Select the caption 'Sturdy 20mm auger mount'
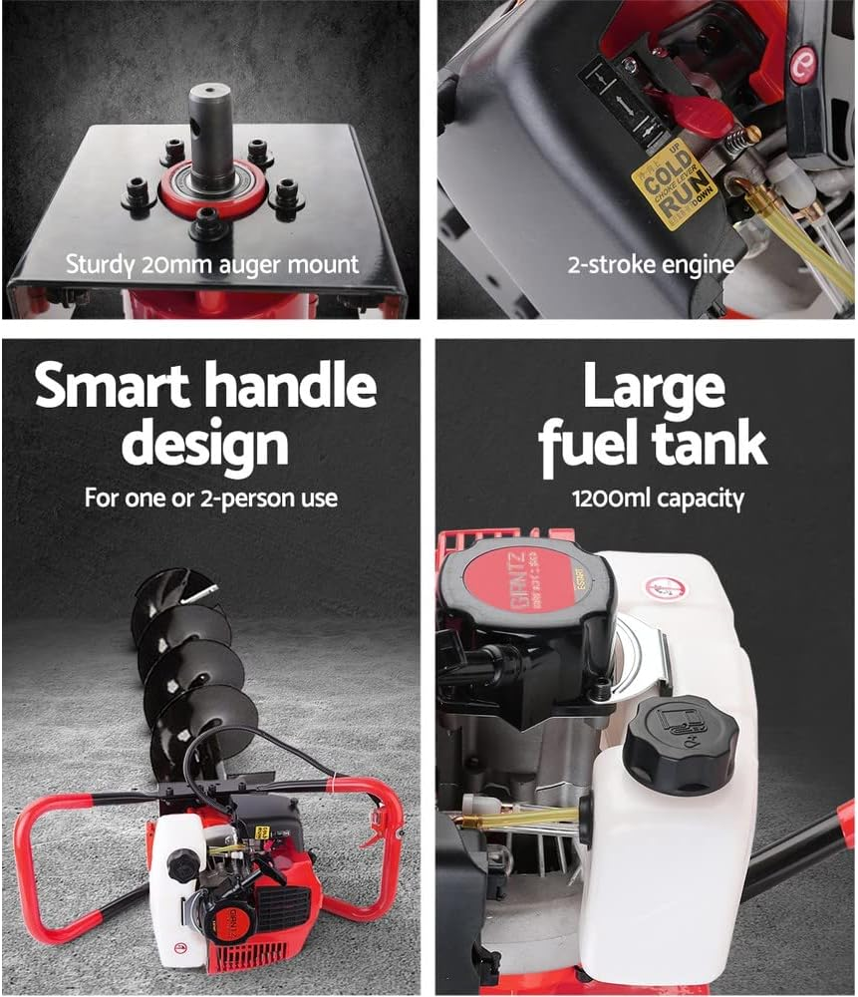click(211, 265)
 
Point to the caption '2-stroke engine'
click(651, 265)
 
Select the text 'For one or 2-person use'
click(210, 498)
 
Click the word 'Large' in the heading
click(653, 387)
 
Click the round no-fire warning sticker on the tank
click(660, 588)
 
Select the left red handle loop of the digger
click(40, 857)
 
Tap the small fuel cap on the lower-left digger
click(183, 865)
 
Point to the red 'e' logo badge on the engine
click(803, 64)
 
